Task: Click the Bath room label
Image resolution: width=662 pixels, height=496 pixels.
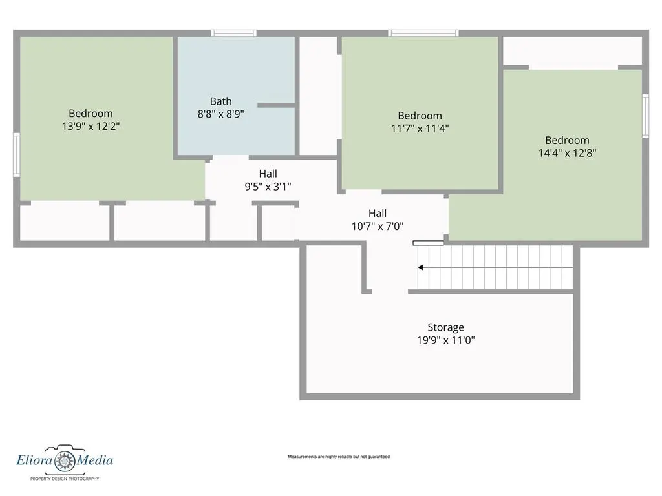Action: tap(221, 101)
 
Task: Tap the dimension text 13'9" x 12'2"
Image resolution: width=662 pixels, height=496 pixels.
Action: tap(91, 126)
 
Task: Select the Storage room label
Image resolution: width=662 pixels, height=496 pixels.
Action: tap(446, 327)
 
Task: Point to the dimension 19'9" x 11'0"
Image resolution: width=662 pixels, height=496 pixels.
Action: tap(446, 340)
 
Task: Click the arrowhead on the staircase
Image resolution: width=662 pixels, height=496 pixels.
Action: tap(420, 267)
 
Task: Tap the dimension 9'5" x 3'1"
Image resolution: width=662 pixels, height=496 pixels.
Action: tap(268, 187)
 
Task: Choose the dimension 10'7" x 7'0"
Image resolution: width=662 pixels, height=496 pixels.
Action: tap(378, 227)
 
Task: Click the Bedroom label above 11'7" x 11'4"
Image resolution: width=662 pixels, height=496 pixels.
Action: tap(420, 116)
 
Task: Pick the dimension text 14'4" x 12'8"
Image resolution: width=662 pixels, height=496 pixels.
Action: tap(567, 152)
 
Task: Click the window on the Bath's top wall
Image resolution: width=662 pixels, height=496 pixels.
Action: tap(233, 33)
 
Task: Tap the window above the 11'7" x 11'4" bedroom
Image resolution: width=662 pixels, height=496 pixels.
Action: tap(423, 33)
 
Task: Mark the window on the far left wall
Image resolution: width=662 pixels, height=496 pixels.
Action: tap(16, 154)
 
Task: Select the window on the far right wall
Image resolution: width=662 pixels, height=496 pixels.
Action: tap(646, 116)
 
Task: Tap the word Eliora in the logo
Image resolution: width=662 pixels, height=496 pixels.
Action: tap(35, 460)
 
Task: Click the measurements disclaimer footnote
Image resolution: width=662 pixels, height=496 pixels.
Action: tap(339, 457)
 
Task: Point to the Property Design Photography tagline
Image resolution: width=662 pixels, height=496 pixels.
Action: tap(65, 479)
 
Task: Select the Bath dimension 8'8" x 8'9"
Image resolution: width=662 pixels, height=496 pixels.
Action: tap(221, 114)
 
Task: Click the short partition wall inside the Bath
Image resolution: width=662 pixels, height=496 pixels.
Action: tap(276, 105)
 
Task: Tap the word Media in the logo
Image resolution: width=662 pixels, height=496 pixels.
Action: tap(95, 460)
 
